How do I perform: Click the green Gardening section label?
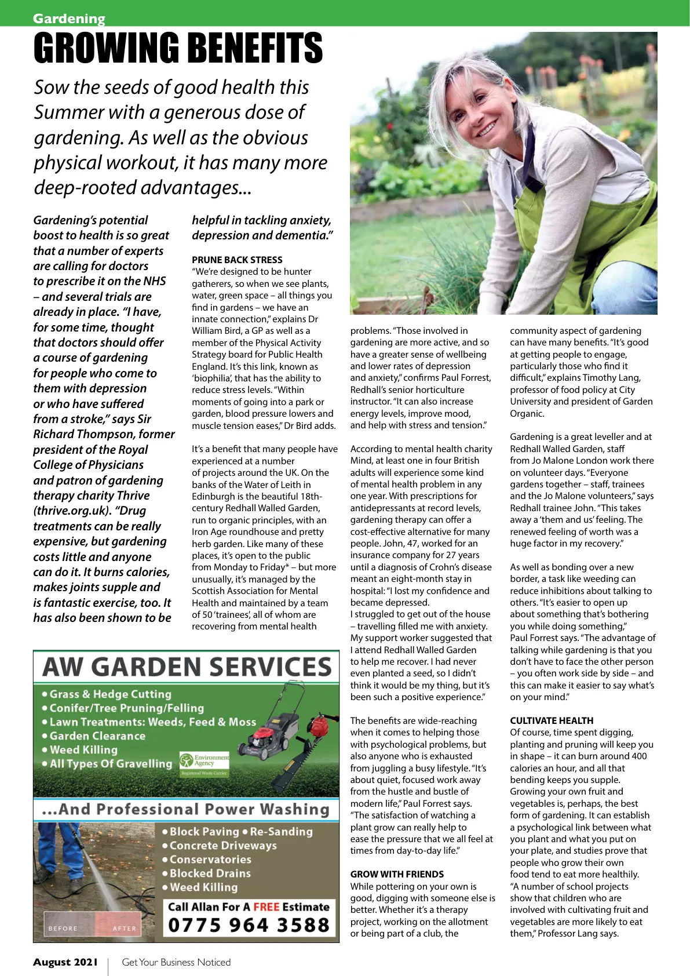pyautogui.click(x=69, y=19)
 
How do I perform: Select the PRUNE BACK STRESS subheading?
pyautogui.click(x=237, y=260)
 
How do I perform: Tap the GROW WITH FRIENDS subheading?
pyautogui.click(x=397, y=874)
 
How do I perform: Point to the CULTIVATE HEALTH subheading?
pyautogui.click(x=551, y=720)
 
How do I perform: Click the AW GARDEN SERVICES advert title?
pyautogui.click(x=187, y=668)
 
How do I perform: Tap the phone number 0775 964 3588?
pyautogui.click(x=249, y=925)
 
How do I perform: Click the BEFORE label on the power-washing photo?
pyautogui.click(x=63, y=928)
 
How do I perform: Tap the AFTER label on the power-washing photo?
pyautogui.click(x=124, y=928)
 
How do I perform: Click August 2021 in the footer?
pyautogui.click(x=65, y=962)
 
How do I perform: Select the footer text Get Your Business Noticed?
pyautogui.click(x=176, y=962)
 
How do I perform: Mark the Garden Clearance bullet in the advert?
pyautogui.click(x=97, y=735)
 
